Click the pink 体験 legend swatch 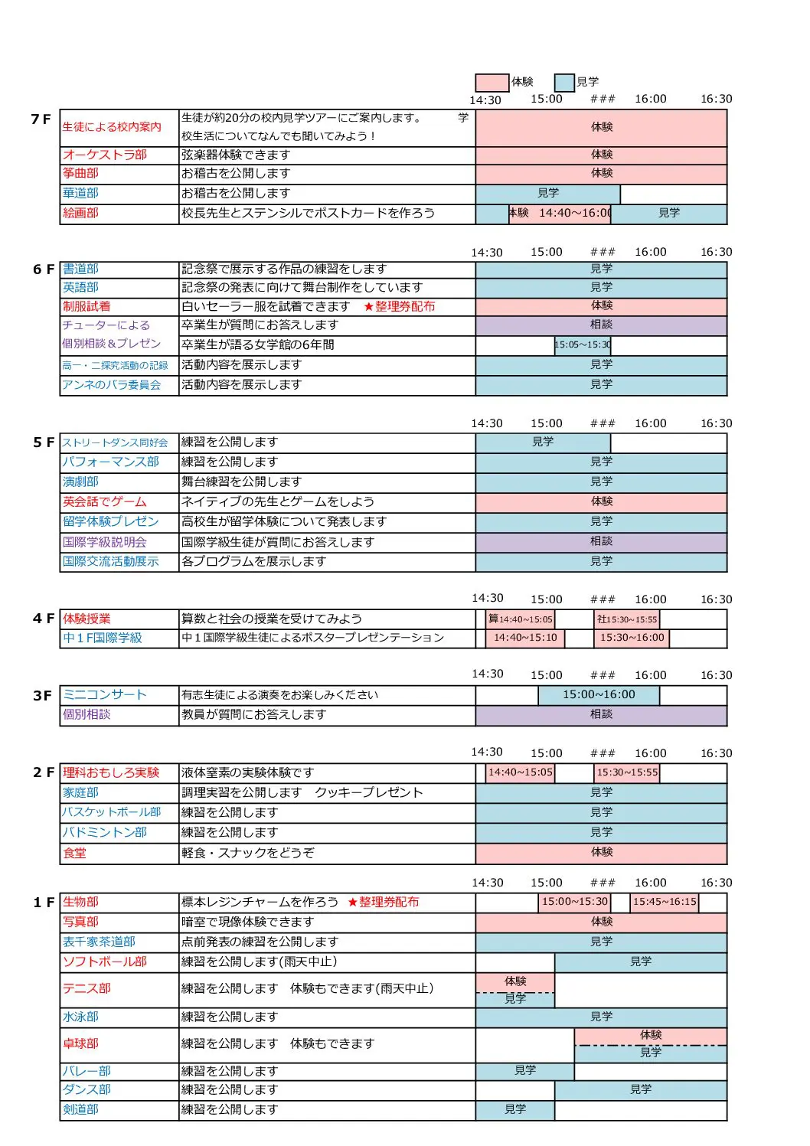click(492, 83)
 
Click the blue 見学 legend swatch click(564, 83)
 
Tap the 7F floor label click(41, 119)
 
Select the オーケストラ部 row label click(104, 155)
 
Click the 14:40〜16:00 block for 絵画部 click(560, 214)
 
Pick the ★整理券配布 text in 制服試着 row click(399, 307)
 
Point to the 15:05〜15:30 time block click(583, 345)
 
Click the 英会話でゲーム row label click(104, 502)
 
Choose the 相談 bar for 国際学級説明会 click(601, 542)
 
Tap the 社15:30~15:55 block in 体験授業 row click(627, 619)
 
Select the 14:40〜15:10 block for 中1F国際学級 click(525, 638)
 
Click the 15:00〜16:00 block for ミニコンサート click(599, 695)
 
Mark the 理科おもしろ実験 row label click(111, 773)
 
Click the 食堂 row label click(74, 854)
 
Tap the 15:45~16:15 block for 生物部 click(665, 903)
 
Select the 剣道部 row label click(80, 1110)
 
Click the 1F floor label click(43, 903)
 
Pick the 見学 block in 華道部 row click(548, 194)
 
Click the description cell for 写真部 click(327, 922)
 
